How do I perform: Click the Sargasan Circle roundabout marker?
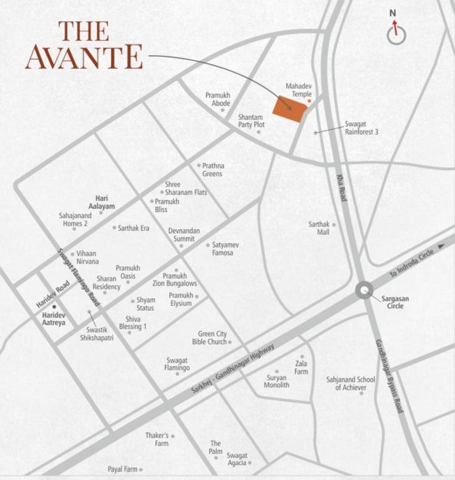click(x=364, y=290)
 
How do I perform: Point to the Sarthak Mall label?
click(x=319, y=228)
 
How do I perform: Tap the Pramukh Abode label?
click(x=218, y=99)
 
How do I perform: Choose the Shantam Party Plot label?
click(x=251, y=121)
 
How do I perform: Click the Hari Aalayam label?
click(x=101, y=201)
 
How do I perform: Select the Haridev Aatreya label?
click(x=54, y=319)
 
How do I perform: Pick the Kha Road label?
click(x=341, y=187)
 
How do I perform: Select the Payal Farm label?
click(x=122, y=469)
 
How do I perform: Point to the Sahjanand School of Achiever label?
click(x=351, y=383)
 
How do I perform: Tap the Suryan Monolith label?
click(x=277, y=381)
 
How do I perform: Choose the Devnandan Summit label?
click(x=184, y=234)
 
